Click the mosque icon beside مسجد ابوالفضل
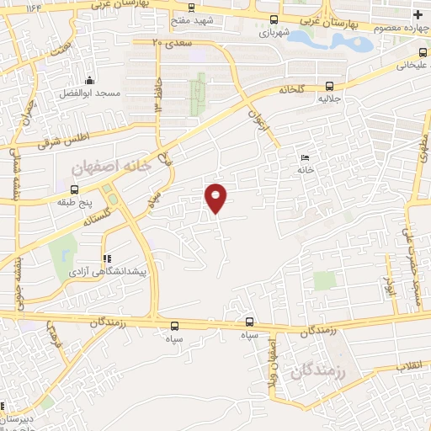[90, 81]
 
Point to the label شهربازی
[272, 32]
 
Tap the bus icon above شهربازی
[272, 19]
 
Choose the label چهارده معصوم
[397, 29]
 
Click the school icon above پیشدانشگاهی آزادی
[106, 259]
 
